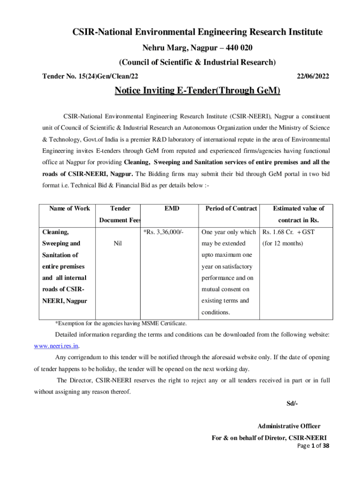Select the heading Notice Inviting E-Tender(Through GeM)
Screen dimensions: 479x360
(197, 91)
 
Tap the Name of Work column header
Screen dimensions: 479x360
(69, 208)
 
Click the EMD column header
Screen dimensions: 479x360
(172, 208)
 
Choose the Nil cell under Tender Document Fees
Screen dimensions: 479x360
(118, 243)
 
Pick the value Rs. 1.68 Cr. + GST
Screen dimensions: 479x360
(288, 232)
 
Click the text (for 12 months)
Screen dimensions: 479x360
(283, 243)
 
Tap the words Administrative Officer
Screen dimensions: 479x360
(289, 426)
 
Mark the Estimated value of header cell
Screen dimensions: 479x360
(298, 208)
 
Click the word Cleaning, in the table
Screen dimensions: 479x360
(56, 232)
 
